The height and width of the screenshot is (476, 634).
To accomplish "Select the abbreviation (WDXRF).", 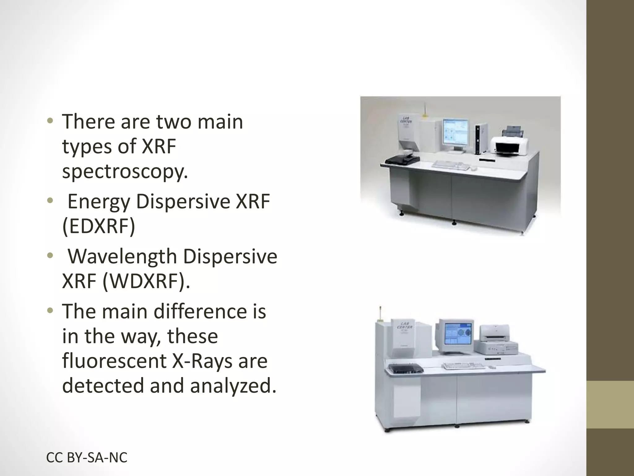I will coord(146,281).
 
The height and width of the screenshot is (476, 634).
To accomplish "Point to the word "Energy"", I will coord(99,202).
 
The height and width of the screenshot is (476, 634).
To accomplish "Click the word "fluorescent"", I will coord(115,361).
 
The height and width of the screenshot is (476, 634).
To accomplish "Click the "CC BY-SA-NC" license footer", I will coord(87,458).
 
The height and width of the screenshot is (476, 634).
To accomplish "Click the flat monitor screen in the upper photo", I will coord(456,133).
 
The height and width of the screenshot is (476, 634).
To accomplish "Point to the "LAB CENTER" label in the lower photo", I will coord(405,325).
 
